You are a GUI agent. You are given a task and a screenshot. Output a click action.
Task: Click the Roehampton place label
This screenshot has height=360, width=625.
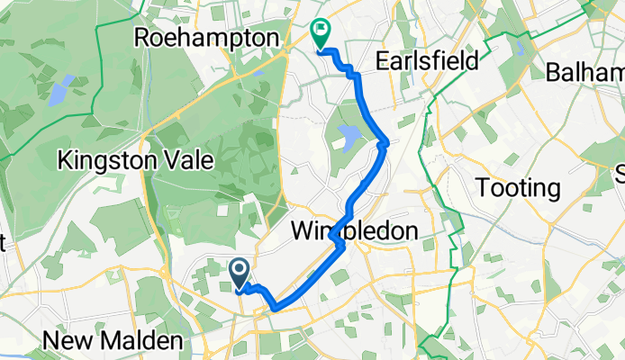click(206, 38)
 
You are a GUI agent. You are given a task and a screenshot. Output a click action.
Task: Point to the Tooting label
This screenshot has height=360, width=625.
click(517, 188)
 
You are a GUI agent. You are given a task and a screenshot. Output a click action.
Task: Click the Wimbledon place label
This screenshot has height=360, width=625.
click(355, 231)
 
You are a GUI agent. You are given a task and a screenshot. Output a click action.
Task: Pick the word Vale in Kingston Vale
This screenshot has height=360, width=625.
click(193, 161)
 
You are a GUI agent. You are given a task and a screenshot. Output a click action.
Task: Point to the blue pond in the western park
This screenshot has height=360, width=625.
click(59, 91)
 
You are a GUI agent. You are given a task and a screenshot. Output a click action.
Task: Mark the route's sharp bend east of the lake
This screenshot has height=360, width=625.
click(385, 141)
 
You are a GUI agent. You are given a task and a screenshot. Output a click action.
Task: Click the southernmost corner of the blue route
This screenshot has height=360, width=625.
click(274, 309)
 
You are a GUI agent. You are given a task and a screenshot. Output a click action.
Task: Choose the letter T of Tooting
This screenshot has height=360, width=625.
click(482, 188)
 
